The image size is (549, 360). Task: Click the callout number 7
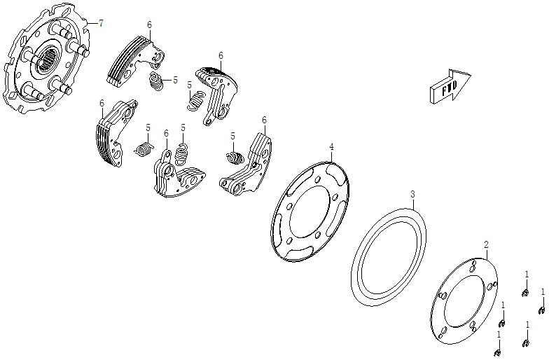pos(101,24)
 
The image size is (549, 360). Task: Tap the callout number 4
pos(332,146)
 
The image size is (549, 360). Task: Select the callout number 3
pos(413,193)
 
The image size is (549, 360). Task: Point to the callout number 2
pos(486,244)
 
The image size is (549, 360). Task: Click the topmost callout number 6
pos(149,25)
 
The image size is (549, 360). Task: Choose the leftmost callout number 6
pos(102,103)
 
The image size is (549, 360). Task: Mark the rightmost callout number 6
pos(264,120)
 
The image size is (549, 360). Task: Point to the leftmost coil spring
pos(145,149)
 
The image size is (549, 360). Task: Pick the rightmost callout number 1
pos(543,291)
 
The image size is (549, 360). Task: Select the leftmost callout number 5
pos(148,127)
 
